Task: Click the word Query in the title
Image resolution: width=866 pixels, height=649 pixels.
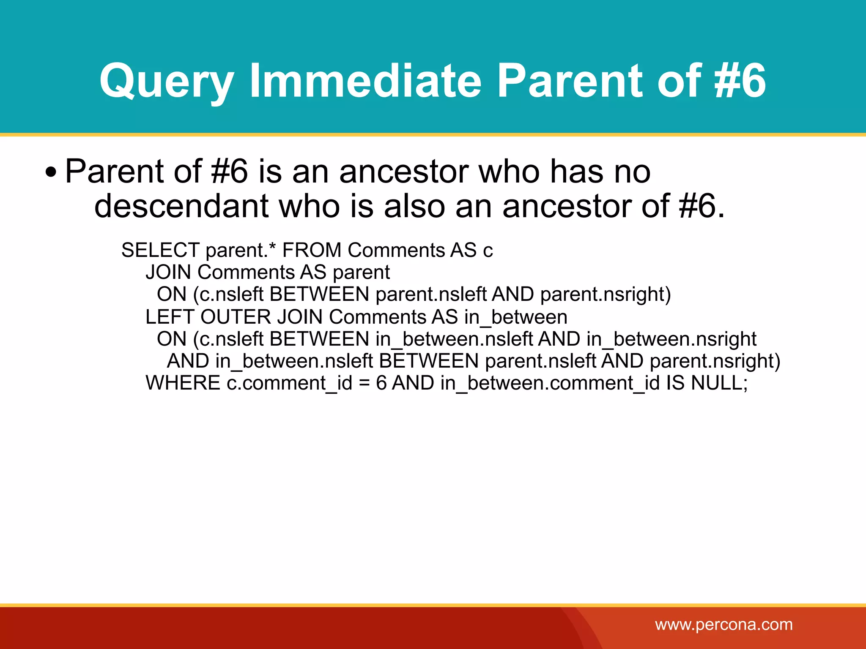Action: pyautogui.click(x=166, y=81)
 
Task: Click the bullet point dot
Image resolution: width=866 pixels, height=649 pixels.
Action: pyautogui.click(x=51, y=173)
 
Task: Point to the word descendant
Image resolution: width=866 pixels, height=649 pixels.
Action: pyautogui.click(x=181, y=206)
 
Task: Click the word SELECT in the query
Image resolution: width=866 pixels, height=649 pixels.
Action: pyautogui.click(x=160, y=250)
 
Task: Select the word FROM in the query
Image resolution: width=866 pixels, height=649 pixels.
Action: pyautogui.click(x=312, y=250)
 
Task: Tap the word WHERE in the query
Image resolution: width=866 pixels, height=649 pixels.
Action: pyautogui.click(x=183, y=383)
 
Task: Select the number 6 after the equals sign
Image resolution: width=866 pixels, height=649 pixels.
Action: pyautogui.click(x=381, y=383)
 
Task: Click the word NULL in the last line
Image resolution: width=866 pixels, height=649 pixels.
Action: pyautogui.click(x=718, y=383)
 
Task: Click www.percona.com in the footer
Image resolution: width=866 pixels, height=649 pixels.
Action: pyautogui.click(x=723, y=624)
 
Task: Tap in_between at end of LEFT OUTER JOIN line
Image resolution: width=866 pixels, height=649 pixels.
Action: pyautogui.click(x=515, y=317)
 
